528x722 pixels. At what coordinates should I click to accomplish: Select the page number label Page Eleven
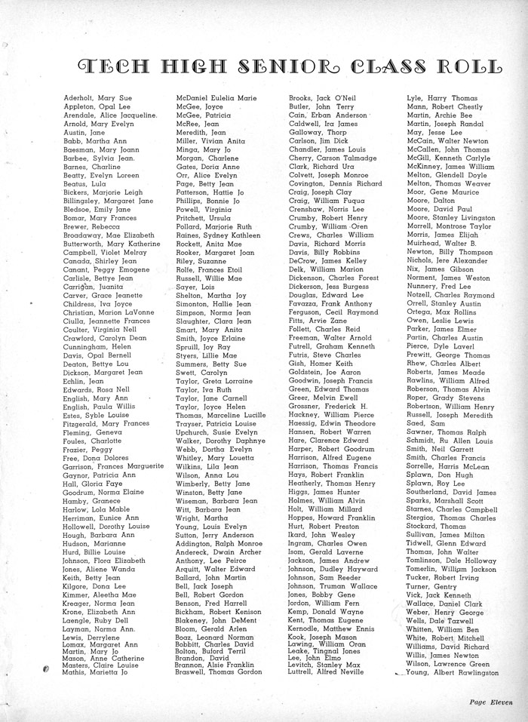click(x=490, y=701)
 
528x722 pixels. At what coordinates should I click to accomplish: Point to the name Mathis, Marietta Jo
click(x=95, y=671)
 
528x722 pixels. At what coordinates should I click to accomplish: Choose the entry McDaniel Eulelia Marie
click(x=216, y=98)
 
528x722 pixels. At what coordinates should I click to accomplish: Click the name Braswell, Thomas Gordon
click(x=219, y=671)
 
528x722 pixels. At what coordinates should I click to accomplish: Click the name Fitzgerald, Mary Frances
click(x=106, y=423)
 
